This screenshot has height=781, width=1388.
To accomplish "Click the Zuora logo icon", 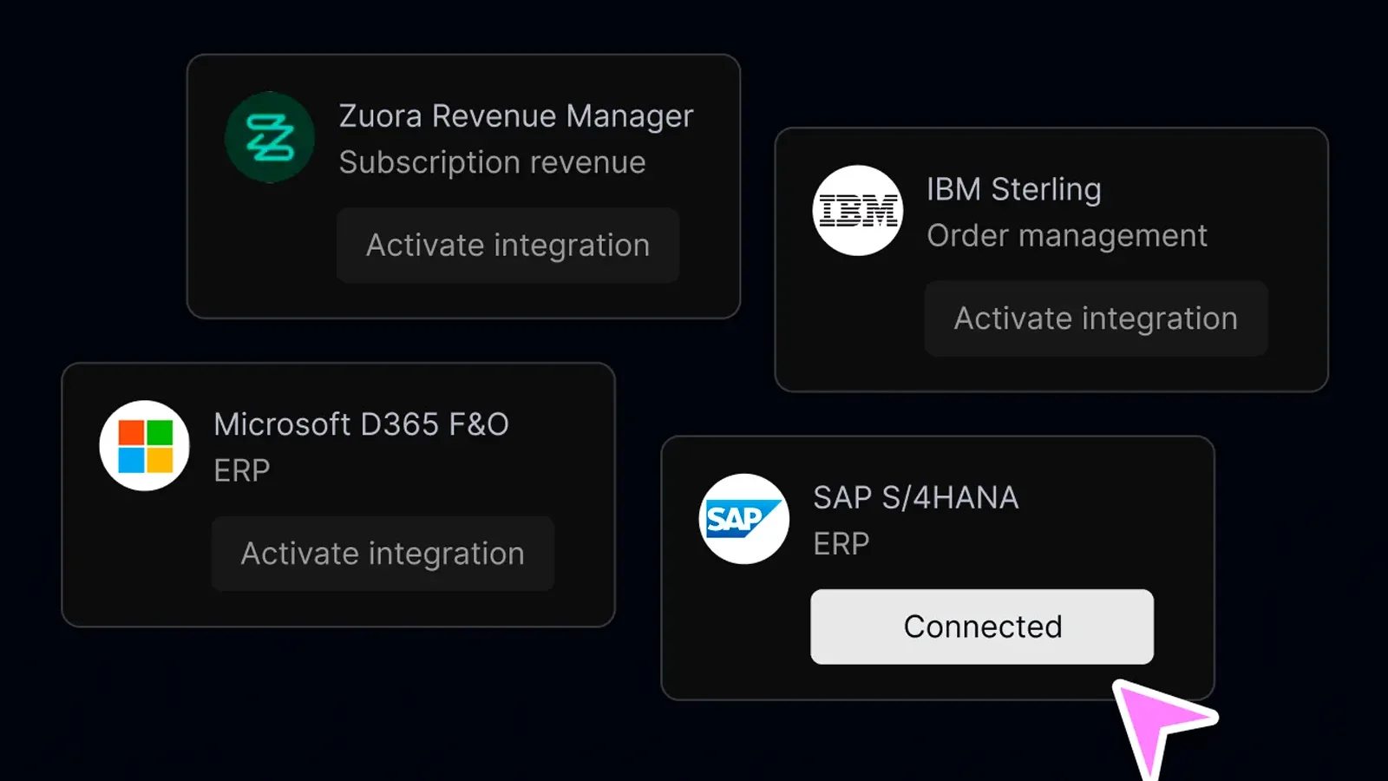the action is [x=270, y=137].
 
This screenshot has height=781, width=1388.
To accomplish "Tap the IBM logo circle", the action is [x=858, y=210].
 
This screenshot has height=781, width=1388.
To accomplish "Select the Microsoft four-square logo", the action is [x=145, y=446].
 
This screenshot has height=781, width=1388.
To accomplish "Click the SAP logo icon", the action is [x=744, y=519].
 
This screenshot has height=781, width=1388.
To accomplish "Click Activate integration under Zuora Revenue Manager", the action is [x=508, y=246].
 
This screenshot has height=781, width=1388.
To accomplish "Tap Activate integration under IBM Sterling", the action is [x=1097, y=318].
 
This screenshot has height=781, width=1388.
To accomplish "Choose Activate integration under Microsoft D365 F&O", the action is [x=383, y=554].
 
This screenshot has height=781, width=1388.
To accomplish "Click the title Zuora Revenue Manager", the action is [x=516, y=116].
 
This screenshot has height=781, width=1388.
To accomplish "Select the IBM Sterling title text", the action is [x=1014, y=189].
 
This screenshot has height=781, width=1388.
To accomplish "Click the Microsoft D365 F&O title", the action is [x=361, y=424].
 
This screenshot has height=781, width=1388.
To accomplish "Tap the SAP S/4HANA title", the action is [x=916, y=498].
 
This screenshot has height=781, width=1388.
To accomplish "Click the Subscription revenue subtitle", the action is [x=493, y=162].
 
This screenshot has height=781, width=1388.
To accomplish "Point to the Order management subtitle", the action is [x=1067, y=235].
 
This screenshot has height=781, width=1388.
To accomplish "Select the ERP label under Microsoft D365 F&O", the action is [x=242, y=471].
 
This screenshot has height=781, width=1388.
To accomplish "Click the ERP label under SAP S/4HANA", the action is [x=841, y=544].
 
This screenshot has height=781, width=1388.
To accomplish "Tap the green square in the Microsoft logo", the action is [x=160, y=433].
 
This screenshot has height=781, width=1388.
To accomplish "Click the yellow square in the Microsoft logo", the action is [x=160, y=461].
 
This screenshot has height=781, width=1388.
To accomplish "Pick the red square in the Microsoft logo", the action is [x=131, y=433].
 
